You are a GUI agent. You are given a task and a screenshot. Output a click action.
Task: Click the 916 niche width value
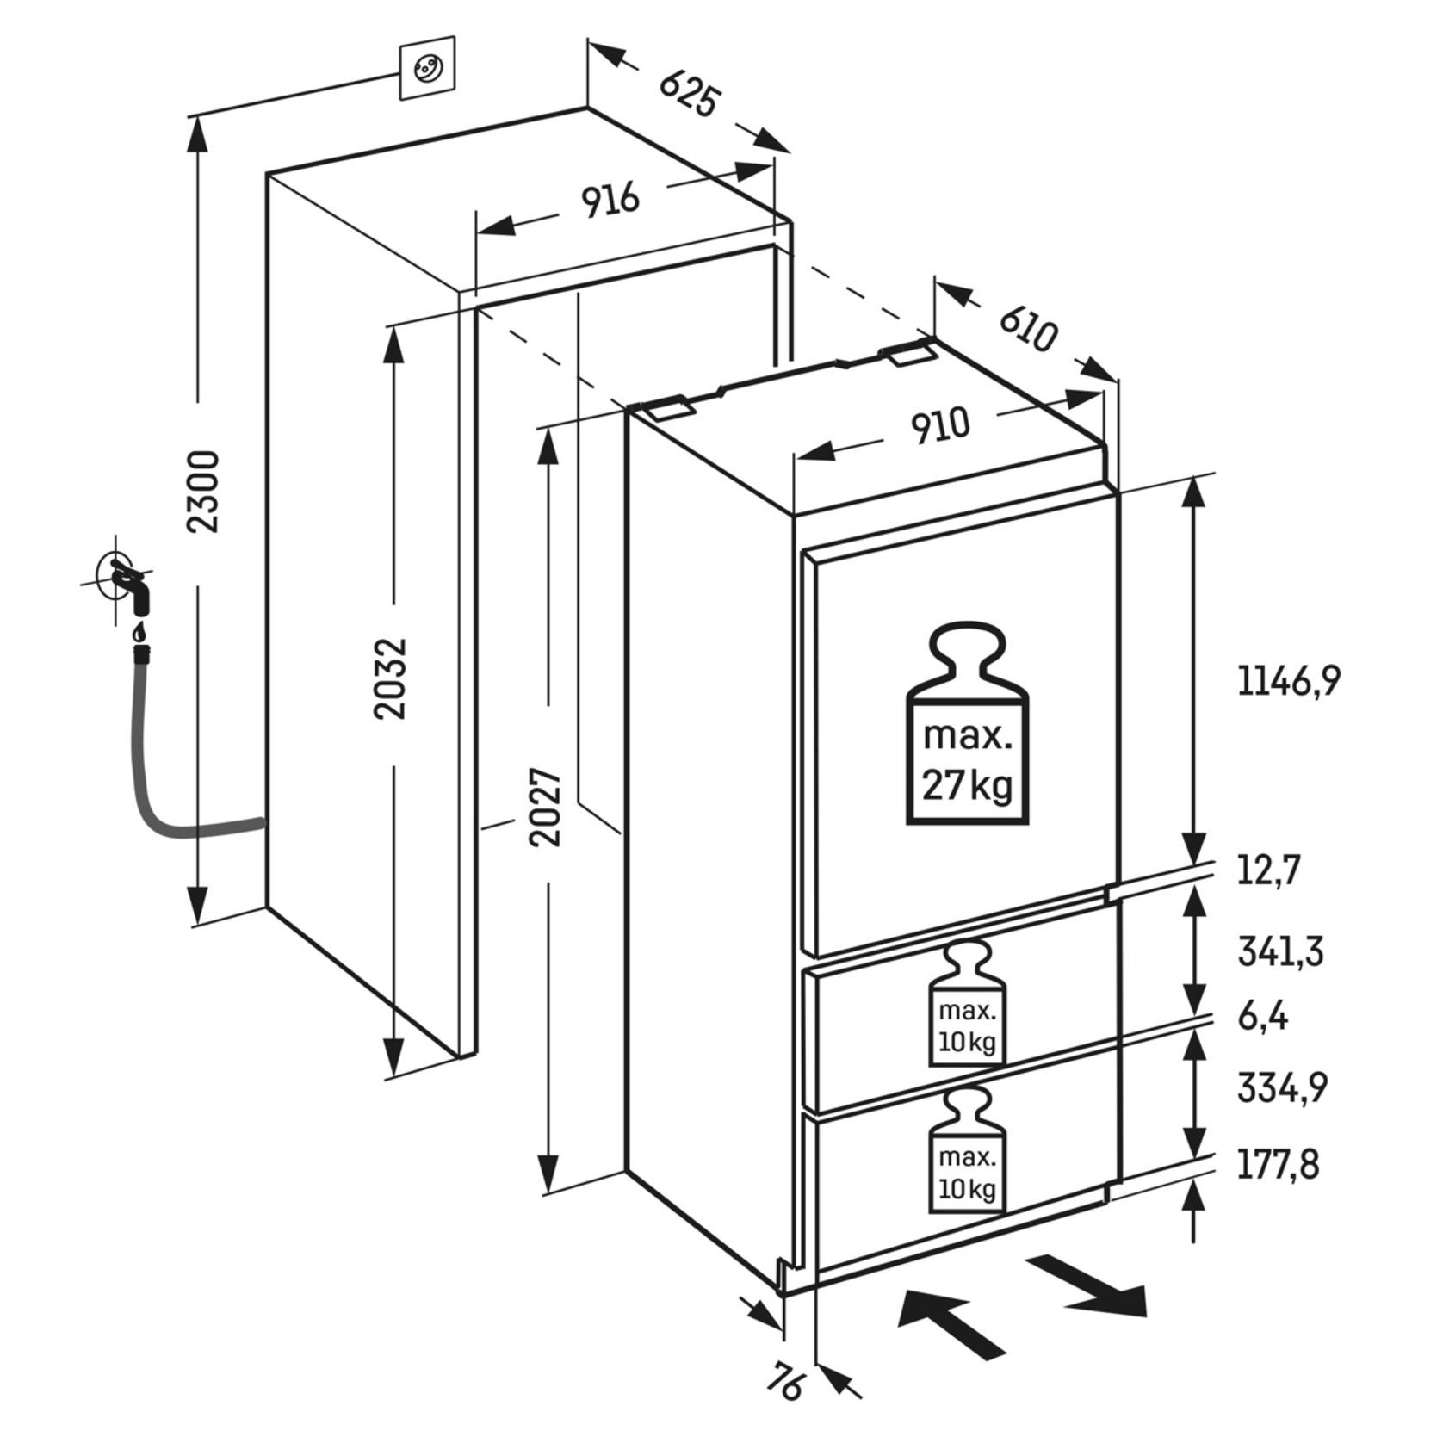[x=610, y=201]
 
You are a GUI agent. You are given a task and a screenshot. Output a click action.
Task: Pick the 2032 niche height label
[x=391, y=678]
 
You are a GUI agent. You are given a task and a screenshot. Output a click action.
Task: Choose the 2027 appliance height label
[x=547, y=807]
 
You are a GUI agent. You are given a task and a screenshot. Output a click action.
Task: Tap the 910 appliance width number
[x=940, y=427]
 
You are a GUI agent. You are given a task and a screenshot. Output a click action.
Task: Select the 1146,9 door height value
[x=1289, y=681]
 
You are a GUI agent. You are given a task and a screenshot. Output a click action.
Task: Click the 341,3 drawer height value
[x=1280, y=951]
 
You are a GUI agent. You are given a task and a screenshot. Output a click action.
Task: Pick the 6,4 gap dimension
[x=1263, y=1017]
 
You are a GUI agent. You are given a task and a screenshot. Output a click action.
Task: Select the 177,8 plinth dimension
[x=1279, y=1165]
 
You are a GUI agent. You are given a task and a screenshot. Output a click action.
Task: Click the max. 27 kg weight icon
[x=967, y=723]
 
